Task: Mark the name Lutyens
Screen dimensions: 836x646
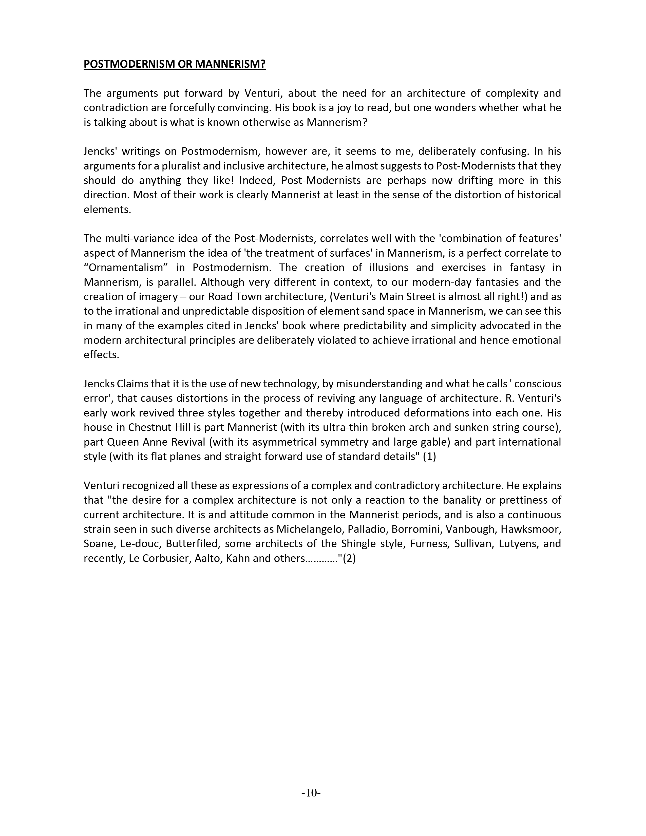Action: (x=515, y=544)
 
